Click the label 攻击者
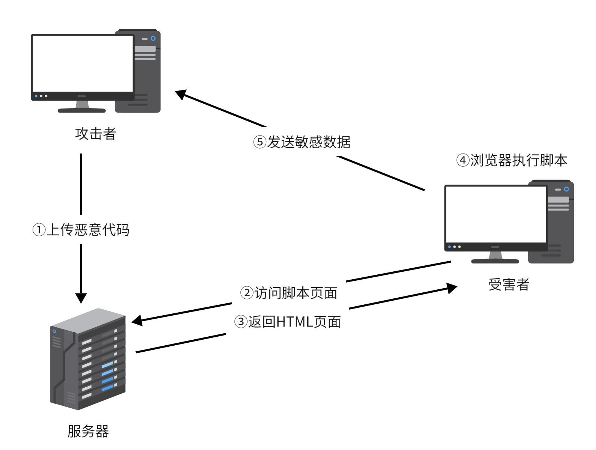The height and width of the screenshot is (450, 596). click(x=96, y=134)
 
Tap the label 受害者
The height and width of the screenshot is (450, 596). click(x=509, y=285)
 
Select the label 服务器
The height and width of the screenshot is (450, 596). click(x=88, y=431)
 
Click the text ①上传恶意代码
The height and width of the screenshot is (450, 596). click(x=81, y=230)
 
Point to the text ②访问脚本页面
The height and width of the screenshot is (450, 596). click(x=288, y=293)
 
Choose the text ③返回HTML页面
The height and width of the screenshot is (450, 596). click(x=287, y=322)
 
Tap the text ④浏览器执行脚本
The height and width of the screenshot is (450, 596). click(x=512, y=161)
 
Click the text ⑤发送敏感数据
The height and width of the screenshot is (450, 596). click(x=302, y=142)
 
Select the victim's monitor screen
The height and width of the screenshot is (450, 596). click(x=495, y=214)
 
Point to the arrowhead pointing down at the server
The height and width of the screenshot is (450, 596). click(x=81, y=298)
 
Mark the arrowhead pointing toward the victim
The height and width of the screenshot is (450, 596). click(x=452, y=288)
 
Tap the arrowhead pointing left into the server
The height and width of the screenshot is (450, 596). click(x=137, y=321)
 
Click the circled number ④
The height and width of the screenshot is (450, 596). click(x=462, y=161)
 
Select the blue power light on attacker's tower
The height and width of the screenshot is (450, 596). click(x=153, y=39)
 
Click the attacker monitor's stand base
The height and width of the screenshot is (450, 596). click(x=82, y=110)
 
